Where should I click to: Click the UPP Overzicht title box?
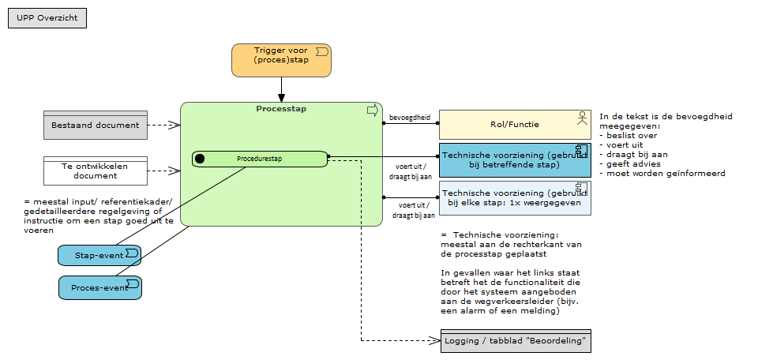click(47, 17)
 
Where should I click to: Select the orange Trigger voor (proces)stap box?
click(280, 60)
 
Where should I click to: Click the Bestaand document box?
click(96, 125)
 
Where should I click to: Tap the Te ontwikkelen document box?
click(96, 171)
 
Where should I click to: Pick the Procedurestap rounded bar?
click(260, 159)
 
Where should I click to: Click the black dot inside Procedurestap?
click(200, 159)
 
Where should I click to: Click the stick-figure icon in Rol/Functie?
click(582, 118)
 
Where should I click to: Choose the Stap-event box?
click(99, 255)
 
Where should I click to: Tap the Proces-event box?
click(99, 287)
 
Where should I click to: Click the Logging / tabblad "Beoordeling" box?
click(516, 341)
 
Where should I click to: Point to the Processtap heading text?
click(281, 109)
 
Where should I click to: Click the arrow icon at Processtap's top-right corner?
click(372, 111)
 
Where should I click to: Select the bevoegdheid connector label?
click(410, 118)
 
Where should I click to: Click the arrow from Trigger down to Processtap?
click(281, 89)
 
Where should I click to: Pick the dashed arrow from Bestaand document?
click(164, 125)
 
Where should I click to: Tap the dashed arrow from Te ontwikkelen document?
click(164, 171)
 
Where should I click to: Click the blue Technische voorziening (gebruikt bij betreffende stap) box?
click(514, 159)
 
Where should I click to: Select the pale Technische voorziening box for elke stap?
click(514, 197)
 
